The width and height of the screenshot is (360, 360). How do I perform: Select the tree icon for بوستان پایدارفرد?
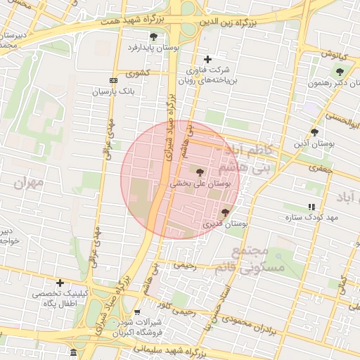[x=153, y=36]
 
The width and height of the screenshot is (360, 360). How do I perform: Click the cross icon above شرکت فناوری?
[x=207, y=60]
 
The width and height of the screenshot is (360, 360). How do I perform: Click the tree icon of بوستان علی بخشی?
[x=200, y=172]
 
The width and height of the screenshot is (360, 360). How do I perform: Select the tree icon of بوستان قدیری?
[x=225, y=212]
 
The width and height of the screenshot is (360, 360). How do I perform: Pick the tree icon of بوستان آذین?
[x=314, y=131]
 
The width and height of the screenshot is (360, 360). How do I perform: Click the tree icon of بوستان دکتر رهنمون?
[x=341, y=71]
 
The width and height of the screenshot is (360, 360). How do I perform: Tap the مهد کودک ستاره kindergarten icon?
[x=311, y=207]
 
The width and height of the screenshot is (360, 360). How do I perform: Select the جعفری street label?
[x=320, y=168]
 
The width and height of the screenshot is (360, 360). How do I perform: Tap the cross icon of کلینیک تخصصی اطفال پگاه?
[x=60, y=283]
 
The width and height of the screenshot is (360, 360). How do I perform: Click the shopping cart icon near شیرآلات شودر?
[x=136, y=312]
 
